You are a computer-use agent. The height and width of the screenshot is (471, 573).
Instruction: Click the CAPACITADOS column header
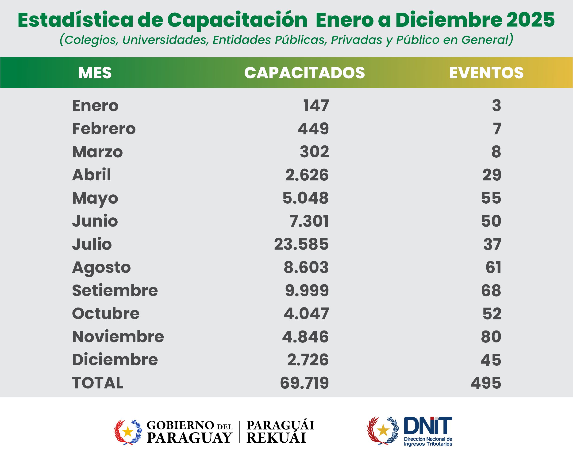pos(304,73)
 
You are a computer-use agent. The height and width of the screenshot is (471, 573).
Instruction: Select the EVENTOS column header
pos(486,73)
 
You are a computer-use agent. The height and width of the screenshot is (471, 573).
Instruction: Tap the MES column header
pos(95,73)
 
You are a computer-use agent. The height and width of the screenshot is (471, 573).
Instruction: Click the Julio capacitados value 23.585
pos(301,244)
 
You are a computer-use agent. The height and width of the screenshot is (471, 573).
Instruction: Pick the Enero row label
pos(95,106)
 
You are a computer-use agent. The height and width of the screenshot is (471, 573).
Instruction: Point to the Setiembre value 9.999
pos(307,290)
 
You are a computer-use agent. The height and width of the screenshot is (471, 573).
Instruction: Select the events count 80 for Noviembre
pos(491,337)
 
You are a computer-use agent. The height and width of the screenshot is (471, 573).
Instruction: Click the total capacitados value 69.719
pos(304,383)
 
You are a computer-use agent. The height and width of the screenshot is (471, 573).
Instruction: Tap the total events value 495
pos(486,383)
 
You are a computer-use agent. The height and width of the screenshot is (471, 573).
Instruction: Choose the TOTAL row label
pos(98,383)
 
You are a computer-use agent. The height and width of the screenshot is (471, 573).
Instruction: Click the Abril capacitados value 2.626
pos(307,175)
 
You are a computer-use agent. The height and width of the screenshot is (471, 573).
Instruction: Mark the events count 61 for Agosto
pos(493,267)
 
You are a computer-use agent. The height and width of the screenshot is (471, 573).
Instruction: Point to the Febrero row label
pos(104,129)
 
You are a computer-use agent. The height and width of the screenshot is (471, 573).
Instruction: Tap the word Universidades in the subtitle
pos(165,40)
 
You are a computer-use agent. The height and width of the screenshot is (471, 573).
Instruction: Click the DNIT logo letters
pos(428,426)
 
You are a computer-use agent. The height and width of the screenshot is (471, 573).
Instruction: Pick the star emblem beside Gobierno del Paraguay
pos(128,432)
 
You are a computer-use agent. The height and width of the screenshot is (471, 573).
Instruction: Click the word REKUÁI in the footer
pos(276,438)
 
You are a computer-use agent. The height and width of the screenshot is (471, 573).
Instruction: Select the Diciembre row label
pos(115,360)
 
